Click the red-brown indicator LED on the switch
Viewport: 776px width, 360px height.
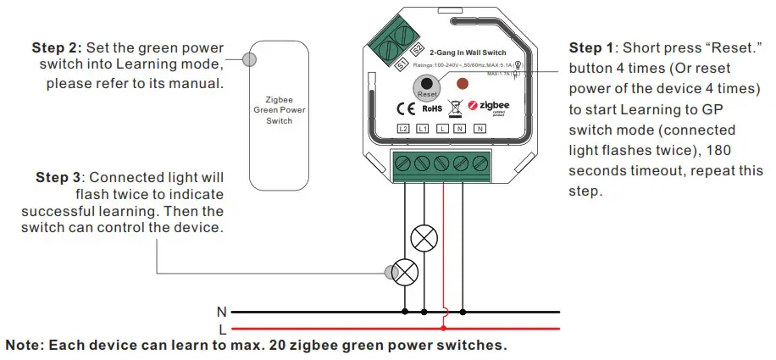click(x=463, y=84)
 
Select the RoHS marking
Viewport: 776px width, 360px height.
click(x=431, y=108)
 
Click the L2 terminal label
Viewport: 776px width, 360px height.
click(x=403, y=129)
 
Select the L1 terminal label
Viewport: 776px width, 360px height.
click(x=423, y=129)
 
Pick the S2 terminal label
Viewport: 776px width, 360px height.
click(x=417, y=49)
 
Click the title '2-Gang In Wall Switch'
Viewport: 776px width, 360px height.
click(x=467, y=53)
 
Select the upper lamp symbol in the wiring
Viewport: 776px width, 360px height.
click(x=422, y=240)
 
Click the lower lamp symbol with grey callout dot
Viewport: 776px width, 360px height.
click(x=407, y=272)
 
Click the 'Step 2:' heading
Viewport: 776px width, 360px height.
click(x=59, y=47)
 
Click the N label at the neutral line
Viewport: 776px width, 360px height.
click(x=223, y=312)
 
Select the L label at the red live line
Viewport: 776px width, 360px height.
click(x=223, y=328)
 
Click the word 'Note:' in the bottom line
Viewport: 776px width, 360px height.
click(x=25, y=346)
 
